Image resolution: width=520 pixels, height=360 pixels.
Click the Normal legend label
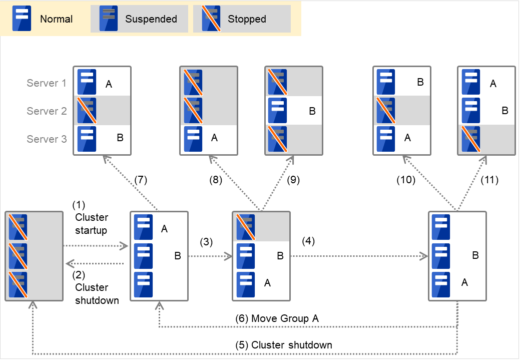pos(56,20)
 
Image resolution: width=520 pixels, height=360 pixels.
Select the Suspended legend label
pos(151,20)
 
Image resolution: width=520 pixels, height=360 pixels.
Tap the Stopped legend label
pos(247,20)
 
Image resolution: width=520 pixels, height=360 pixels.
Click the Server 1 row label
pos(47,83)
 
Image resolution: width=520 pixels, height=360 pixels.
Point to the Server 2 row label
pos(47,111)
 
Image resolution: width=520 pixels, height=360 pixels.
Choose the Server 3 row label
pos(47,139)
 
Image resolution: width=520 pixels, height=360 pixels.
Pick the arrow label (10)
pos(406,180)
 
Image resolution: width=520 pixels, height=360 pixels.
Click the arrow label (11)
pos(489,180)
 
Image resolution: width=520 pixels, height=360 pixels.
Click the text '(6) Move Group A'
pos(277,318)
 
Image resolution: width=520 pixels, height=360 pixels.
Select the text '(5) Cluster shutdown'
pos(284,345)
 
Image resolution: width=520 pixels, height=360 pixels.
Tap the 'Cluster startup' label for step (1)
pos(92,223)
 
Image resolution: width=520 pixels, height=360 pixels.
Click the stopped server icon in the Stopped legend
pos(211,19)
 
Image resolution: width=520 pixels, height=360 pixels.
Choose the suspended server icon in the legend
pos(108,19)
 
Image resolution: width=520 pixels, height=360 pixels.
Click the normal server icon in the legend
pos(22,19)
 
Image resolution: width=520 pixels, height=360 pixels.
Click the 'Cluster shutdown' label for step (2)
pos(97,293)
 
